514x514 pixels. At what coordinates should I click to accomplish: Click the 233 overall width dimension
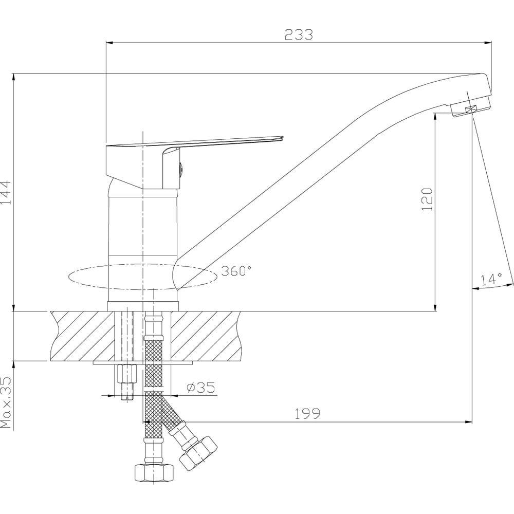pos(299,35)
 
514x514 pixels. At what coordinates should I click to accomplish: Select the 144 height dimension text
pos(6,192)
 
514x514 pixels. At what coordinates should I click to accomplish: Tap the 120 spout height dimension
pos(427,199)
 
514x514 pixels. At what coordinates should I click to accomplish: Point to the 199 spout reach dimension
pos(307,414)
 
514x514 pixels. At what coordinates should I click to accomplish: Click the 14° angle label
pos(491,279)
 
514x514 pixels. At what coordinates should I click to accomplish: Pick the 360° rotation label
pos(236,271)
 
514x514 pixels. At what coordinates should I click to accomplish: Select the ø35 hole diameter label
pos(201,387)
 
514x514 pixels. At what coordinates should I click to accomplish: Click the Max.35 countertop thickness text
pos(6,402)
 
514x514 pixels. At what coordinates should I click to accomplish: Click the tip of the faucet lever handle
pos(282,138)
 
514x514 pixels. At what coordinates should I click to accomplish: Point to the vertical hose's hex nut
pos(154,472)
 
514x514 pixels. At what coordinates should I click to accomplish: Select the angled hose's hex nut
pos(198,453)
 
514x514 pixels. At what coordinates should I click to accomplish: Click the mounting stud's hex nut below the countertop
pos(126,373)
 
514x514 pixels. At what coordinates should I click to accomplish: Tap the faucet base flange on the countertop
pos(143,306)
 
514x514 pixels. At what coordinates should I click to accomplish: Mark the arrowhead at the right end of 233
pos(489,43)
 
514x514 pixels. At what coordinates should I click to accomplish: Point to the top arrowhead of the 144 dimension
pos(13,77)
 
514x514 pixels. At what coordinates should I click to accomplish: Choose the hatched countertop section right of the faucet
pos(206,336)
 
